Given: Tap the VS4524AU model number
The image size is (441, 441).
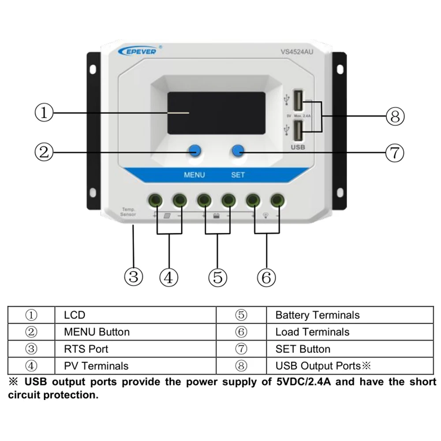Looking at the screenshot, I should tap(298, 52).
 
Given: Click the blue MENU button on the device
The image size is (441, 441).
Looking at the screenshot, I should tap(194, 151).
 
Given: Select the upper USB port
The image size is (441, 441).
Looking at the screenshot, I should tap(299, 100).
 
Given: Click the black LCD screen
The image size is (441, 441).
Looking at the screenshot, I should tap(216, 113).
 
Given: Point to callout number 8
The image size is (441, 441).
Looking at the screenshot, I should tap(395, 116).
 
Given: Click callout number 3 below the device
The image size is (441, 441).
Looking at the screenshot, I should tap(133, 277).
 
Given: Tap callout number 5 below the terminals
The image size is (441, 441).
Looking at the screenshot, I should tap(217, 277).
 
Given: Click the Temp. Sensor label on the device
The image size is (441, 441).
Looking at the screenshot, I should tap(128, 212).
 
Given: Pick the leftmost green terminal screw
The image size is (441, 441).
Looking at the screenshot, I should tap(156, 200).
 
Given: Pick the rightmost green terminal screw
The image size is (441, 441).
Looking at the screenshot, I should tap(277, 200).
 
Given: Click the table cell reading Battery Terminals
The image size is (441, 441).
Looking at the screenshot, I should tap(317, 315).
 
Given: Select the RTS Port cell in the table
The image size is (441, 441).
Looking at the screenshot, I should tap(86, 349).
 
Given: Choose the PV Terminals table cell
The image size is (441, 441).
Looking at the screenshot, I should tap(96, 366).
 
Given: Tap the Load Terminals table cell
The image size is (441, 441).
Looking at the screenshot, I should tap(312, 332).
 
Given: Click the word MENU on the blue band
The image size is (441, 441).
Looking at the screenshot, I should tap(194, 175).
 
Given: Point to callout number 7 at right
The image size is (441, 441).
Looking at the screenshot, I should tap(395, 153).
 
